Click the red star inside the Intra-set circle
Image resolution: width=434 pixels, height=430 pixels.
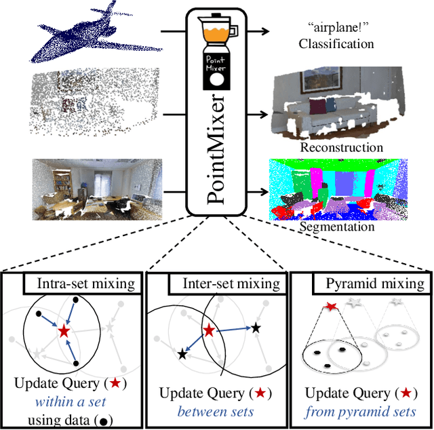pyautogui.click(x=64, y=332)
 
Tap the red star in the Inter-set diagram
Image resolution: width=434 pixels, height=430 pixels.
pyautogui.click(x=209, y=331)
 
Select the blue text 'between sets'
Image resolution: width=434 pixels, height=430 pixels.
pyautogui.click(x=216, y=411)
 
